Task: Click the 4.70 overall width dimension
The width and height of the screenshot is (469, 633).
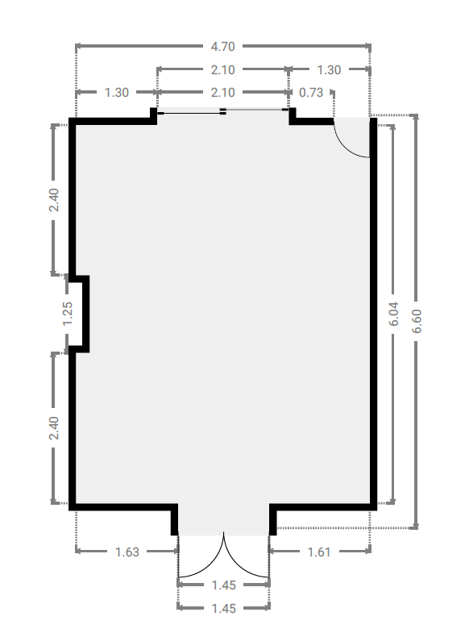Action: coord(222,47)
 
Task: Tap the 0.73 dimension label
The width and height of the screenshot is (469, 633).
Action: coord(311,93)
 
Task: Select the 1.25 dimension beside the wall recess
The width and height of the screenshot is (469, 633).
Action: coord(68,314)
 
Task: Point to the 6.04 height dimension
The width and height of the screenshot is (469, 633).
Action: coord(393,314)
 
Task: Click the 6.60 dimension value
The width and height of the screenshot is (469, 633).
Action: coord(417,321)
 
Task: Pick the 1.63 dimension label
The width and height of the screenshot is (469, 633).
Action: coord(127,552)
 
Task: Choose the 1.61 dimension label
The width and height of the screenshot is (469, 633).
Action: coord(319,552)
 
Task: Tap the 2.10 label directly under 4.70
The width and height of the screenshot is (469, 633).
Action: coord(222,70)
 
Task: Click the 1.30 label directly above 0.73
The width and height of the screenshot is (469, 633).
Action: coord(329,70)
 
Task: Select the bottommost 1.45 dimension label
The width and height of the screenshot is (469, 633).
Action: coord(224,608)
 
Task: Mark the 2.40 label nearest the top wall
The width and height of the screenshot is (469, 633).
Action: coord(54,200)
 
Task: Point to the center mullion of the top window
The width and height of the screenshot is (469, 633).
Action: coord(222,111)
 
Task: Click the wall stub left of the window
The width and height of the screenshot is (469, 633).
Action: coord(154,116)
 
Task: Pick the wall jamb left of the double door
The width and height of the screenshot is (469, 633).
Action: coord(174,520)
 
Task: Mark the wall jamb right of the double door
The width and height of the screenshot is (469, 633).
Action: coord(273,520)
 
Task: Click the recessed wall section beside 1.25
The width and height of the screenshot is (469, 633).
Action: coord(86,314)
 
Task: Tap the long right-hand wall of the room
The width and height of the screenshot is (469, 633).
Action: coord(374,314)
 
